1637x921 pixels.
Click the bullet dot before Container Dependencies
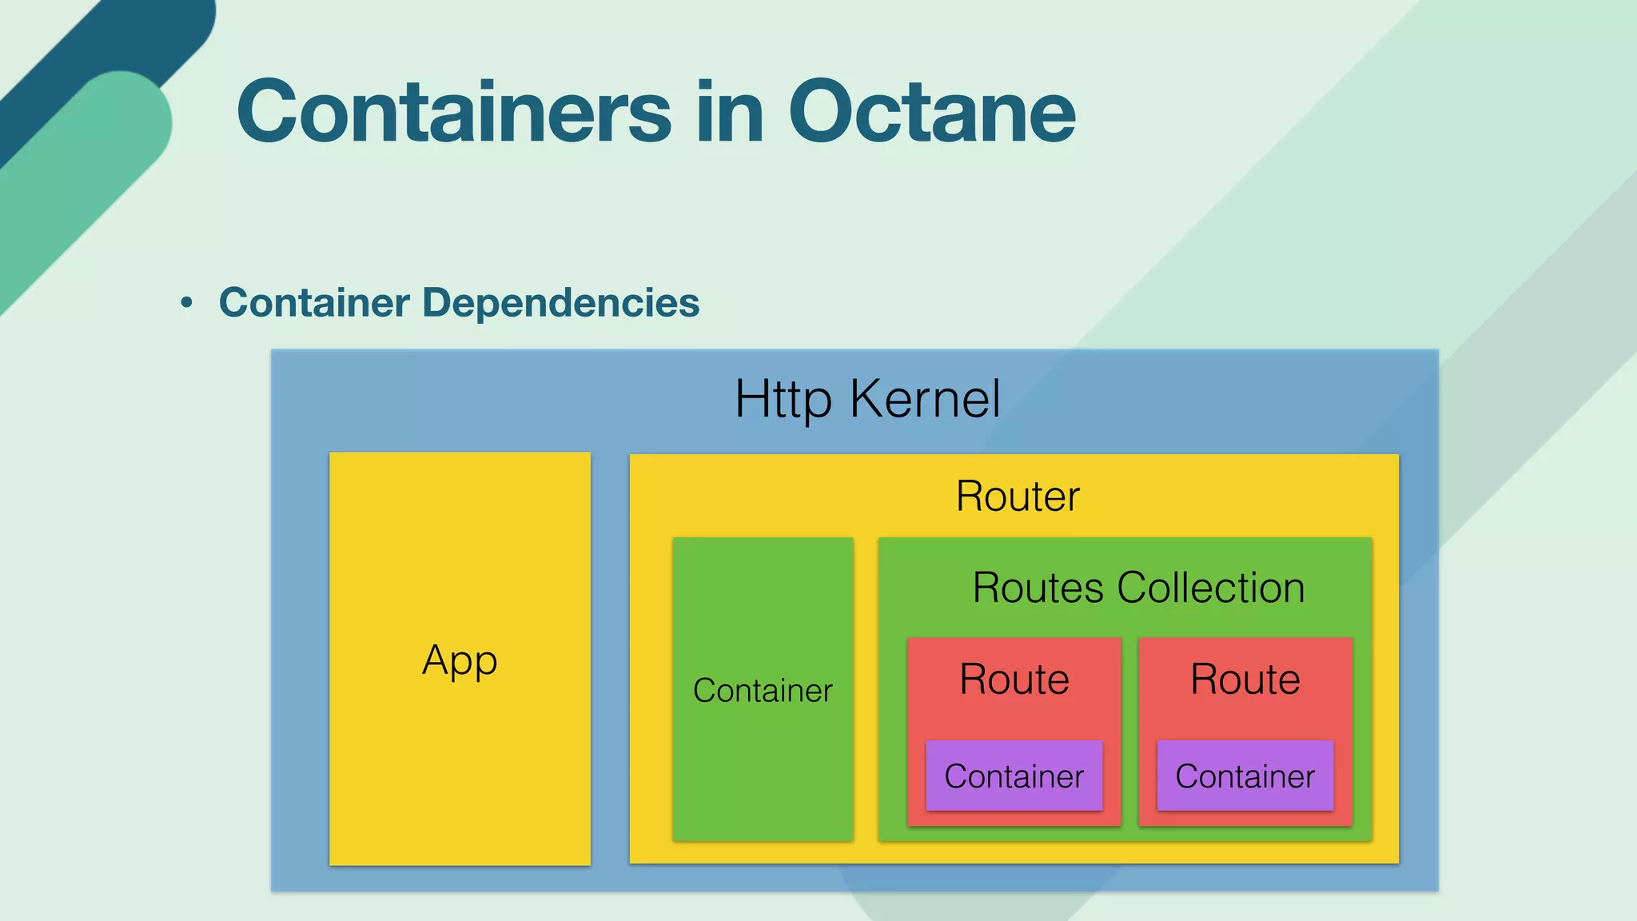(x=187, y=303)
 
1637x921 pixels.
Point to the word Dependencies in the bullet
(x=560, y=303)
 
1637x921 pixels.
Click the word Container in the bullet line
(x=314, y=303)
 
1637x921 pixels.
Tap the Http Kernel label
(x=867, y=398)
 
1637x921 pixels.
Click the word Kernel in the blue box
(x=925, y=398)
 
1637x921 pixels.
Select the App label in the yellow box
(x=460, y=661)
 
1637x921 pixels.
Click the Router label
(x=1018, y=496)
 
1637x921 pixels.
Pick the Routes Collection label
(x=1138, y=588)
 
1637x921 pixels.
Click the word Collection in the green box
(x=1211, y=588)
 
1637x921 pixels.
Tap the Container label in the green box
(x=763, y=690)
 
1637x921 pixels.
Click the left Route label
(x=1014, y=680)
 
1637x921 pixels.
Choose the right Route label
(x=1245, y=680)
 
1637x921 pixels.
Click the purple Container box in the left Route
(x=1014, y=775)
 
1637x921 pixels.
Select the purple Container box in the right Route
(x=1245, y=775)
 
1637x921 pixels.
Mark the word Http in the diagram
(x=783, y=398)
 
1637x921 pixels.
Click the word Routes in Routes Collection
(x=1038, y=588)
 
